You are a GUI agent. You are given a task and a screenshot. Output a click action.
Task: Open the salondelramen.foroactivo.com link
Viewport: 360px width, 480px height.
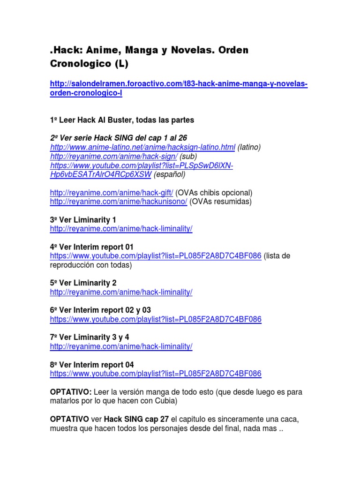pyautogui.click(x=178, y=84)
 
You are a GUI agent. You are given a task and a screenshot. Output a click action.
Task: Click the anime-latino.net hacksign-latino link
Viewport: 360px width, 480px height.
pyautogui.click(x=142, y=147)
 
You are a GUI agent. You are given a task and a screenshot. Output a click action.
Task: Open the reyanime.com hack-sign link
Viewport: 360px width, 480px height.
pyautogui.click(x=113, y=156)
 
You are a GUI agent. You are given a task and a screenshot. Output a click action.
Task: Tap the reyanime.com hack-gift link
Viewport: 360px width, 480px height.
pyautogui.click(x=111, y=193)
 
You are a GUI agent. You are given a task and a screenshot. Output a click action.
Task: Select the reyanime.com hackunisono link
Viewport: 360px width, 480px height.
pyautogui.click(x=119, y=202)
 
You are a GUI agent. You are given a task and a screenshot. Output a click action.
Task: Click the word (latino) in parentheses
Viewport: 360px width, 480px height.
pyautogui.click(x=249, y=147)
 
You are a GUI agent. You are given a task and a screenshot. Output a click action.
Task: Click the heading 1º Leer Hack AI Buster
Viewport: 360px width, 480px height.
pyautogui.click(x=121, y=120)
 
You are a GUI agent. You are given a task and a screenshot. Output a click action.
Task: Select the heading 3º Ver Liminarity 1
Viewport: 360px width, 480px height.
pyautogui.click(x=82, y=220)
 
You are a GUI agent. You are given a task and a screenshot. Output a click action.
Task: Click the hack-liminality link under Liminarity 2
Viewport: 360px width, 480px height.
pyautogui.click(x=121, y=292)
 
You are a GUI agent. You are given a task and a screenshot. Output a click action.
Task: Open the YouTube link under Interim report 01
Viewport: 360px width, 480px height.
pyautogui.click(x=156, y=256)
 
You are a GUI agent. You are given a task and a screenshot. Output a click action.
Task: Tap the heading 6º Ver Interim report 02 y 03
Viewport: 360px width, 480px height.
pyautogui.click(x=100, y=310)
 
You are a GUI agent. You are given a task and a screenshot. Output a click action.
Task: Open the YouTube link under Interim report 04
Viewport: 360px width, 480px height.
pyautogui.click(x=156, y=374)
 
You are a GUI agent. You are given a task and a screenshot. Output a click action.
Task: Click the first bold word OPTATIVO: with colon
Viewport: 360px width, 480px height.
pyautogui.click(x=71, y=391)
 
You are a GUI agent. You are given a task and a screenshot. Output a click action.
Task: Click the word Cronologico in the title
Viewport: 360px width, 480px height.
pyautogui.click(x=77, y=63)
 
